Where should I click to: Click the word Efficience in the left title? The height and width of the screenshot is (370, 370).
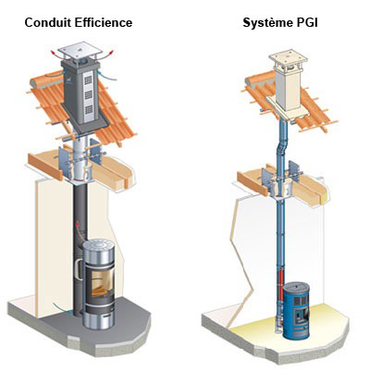[104, 22]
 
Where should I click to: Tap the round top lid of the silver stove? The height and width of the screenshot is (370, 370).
[99, 246]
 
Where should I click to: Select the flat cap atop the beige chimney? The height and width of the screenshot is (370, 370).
[289, 58]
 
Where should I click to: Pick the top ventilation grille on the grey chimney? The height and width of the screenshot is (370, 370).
[89, 80]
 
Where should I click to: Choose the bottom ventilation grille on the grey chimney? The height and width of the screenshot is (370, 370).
[89, 109]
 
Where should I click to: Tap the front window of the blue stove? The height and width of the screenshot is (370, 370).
[301, 314]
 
